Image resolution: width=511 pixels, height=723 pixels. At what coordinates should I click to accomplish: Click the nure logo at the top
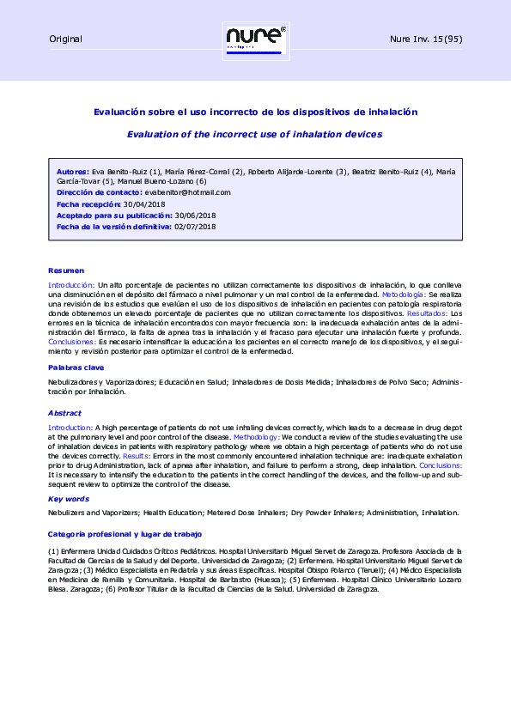point(255,39)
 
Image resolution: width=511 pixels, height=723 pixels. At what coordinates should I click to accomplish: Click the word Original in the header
point(65,39)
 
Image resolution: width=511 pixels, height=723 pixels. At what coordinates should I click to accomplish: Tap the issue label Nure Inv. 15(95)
point(427,39)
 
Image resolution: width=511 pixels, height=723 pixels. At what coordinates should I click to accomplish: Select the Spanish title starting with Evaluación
point(254,112)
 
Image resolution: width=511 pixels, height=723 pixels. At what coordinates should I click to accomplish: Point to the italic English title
point(254,134)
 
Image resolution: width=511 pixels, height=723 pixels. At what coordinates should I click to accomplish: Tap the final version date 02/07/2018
point(195,227)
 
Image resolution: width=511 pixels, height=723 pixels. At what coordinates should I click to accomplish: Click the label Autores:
point(71,171)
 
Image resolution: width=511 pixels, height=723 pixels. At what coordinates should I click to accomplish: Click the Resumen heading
point(66,270)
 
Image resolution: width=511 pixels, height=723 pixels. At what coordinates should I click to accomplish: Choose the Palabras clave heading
point(77,367)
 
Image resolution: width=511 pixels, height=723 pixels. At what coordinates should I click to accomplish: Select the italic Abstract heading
point(64,412)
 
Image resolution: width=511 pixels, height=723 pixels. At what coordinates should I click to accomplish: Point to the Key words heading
point(69,498)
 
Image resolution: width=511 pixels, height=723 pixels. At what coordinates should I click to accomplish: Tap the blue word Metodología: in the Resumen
point(404,294)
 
